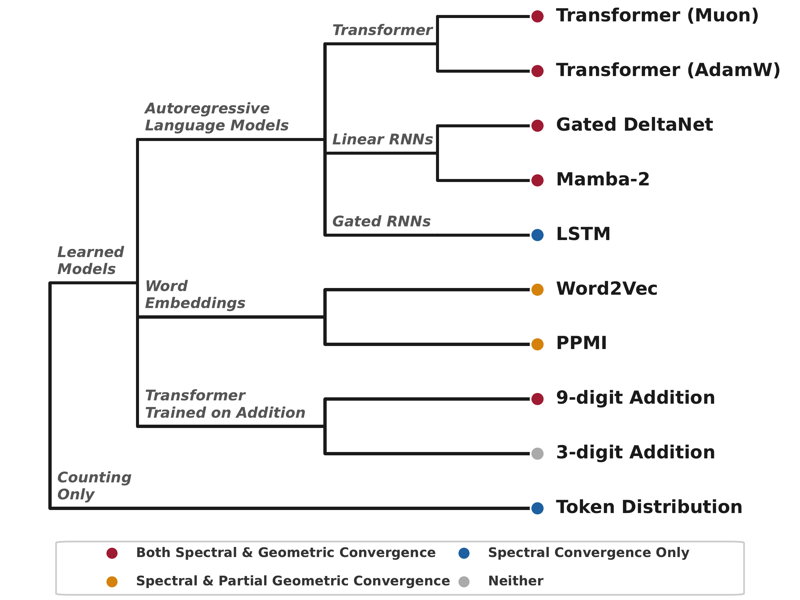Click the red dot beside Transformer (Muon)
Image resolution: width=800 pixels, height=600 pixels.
[x=537, y=16]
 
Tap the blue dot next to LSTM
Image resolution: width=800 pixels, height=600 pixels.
[x=537, y=235]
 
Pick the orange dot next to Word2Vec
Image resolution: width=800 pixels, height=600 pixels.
[x=537, y=290]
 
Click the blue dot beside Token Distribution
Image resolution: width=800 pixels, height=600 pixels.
[x=537, y=508]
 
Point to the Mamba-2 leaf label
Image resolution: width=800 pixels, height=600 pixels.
[x=603, y=179]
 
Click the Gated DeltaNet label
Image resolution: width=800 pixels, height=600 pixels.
[x=634, y=125]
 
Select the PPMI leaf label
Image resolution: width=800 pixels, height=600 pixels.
[x=581, y=343]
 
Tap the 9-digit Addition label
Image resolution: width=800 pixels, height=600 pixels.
[x=635, y=398]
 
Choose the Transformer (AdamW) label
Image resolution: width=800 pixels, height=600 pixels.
[x=668, y=70]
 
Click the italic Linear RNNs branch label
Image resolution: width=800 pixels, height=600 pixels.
[x=382, y=139]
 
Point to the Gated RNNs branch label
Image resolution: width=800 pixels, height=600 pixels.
[x=381, y=221]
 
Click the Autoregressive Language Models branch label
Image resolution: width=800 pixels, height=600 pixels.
[x=216, y=117]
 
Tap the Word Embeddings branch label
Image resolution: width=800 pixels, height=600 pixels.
[x=195, y=294]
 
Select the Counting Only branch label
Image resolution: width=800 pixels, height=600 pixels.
[x=94, y=485]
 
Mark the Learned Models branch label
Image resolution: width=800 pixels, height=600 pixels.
[x=90, y=260]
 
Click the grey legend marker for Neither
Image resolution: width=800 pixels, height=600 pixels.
[x=464, y=582]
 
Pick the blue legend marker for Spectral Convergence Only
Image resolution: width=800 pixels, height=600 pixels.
[x=464, y=553]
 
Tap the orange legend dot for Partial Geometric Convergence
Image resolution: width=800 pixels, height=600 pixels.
[x=112, y=582]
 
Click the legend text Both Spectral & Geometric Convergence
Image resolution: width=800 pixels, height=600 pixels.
[x=286, y=553]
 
